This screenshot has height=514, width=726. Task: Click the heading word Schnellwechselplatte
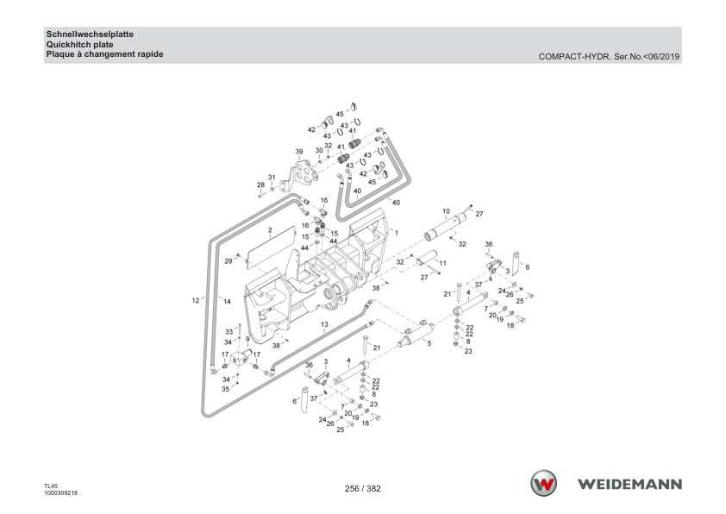90,34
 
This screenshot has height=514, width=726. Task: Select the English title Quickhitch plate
79,45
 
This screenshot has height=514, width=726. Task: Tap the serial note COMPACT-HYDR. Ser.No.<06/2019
609,57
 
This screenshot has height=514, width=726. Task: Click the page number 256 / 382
362,488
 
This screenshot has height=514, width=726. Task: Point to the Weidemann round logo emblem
543,484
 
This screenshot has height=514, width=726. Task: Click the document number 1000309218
60,493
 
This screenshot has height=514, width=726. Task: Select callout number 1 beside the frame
397,233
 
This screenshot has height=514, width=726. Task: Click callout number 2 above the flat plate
271,230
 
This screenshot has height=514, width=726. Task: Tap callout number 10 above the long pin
446,211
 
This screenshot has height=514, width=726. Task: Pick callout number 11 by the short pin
442,263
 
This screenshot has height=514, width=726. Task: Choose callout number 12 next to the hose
196,300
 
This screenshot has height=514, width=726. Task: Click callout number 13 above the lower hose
324,324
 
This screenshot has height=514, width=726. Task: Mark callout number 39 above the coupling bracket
299,152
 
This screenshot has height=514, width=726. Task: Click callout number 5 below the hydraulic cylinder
429,343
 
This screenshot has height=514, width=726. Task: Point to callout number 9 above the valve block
247,340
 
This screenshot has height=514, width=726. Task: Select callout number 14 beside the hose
227,302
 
